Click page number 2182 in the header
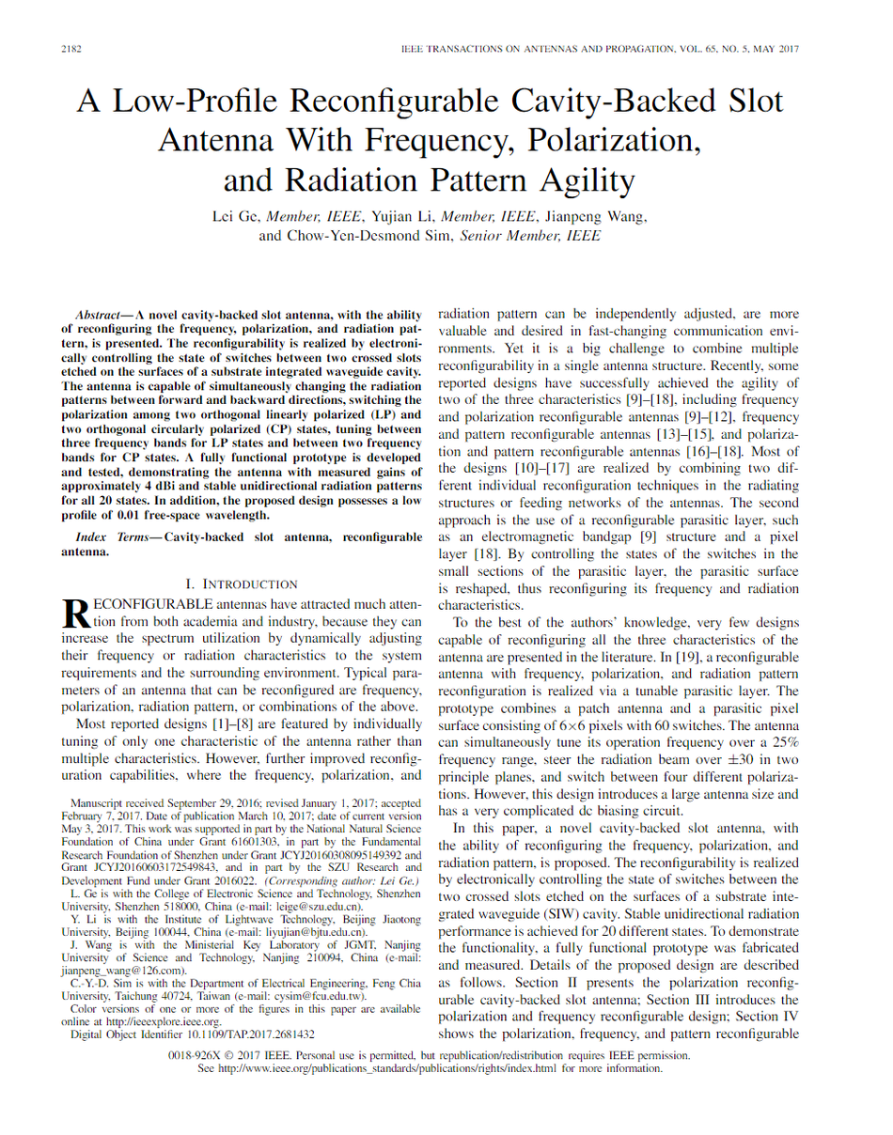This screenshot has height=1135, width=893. tap(71, 48)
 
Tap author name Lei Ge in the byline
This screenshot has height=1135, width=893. tap(236, 217)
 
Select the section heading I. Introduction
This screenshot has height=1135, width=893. tap(243, 583)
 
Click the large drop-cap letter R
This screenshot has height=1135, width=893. tap(73, 612)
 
